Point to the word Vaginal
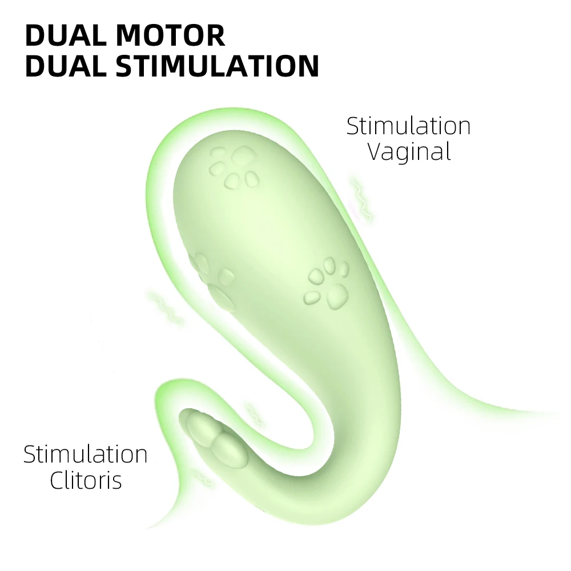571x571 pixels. pos(409,152)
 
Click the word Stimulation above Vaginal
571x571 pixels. pos(409,126)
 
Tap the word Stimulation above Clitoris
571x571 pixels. pos(86,455)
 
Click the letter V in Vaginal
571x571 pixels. pos(374,152)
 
